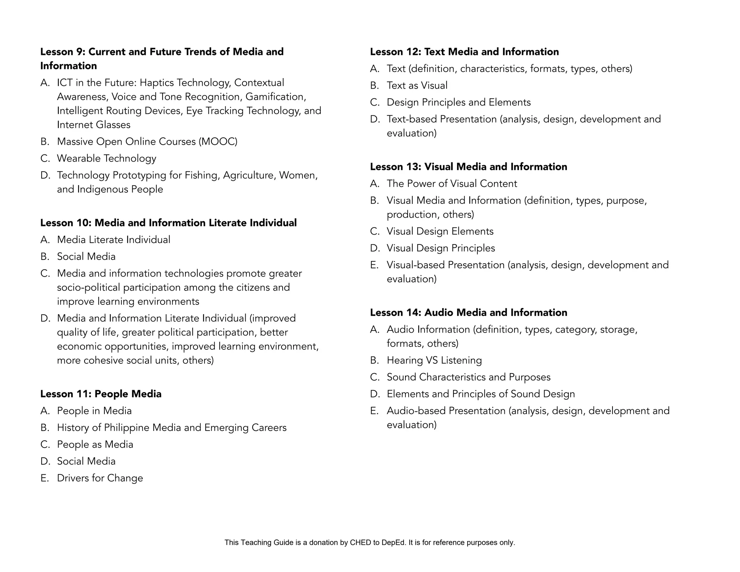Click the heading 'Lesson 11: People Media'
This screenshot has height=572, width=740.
[x=101, y=394]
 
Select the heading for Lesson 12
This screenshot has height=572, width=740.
[x=464, y=52]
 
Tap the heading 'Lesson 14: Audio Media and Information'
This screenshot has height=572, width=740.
[x=468, y=312]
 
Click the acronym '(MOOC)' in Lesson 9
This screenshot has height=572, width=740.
[x=218, y=141]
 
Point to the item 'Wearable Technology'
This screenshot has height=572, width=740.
[x=107, y=158]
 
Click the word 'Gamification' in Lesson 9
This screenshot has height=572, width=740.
[x=275, y=97]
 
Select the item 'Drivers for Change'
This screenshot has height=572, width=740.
[x=100, y=478]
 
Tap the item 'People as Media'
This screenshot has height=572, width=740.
[x=95, y=444]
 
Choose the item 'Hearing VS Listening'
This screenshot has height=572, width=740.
[x=434, y=360]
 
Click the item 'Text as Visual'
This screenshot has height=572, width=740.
[x=417, y=85]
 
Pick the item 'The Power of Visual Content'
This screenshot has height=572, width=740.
[x=452, y=184]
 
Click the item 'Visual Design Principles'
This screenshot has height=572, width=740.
[x=441, y=248]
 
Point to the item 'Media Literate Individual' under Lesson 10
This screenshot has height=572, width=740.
[x=113, y=240]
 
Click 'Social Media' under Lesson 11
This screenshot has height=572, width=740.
[x=86, y=461]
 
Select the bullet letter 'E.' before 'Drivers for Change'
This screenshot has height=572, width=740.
[x=45, y=478]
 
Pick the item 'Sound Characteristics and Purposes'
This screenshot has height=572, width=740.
[x=468, y=377]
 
